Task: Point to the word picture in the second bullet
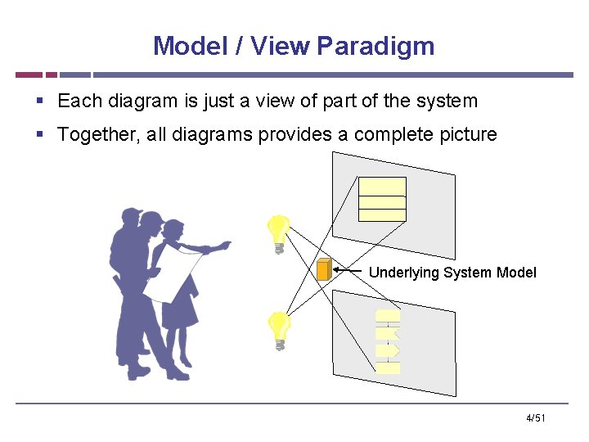[x=465, y=134]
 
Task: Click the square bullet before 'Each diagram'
[x=40, y=101]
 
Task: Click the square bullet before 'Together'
[x=40, y=134]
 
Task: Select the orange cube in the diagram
[x=324, y=269]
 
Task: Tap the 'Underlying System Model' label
[x=452, y=273]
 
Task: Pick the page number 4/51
[x=536, y=418]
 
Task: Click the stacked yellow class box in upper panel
[x=382, y=199]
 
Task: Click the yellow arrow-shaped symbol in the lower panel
[x=389, y=350]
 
